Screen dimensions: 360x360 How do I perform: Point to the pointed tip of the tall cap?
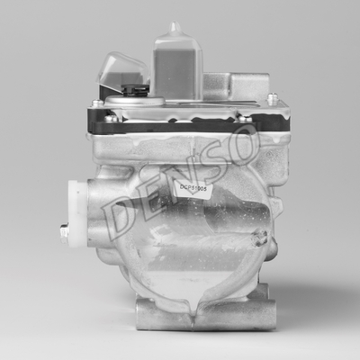(175, 27)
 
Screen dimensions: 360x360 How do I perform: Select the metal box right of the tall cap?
(225, 87)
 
